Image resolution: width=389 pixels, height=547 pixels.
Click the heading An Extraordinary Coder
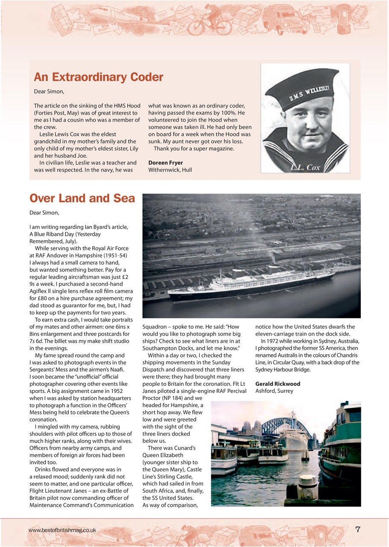coord(98,77)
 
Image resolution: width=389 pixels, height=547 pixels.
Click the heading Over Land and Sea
coord(82,199)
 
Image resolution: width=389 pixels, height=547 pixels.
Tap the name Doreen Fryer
coord(165,163)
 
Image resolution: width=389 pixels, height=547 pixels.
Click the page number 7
coord(358,529)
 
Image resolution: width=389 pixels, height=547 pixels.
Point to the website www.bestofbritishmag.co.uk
coord(62,530)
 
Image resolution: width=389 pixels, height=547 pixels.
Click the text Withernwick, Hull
coord(170,170)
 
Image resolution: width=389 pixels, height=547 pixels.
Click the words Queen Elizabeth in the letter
coord(163,455)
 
